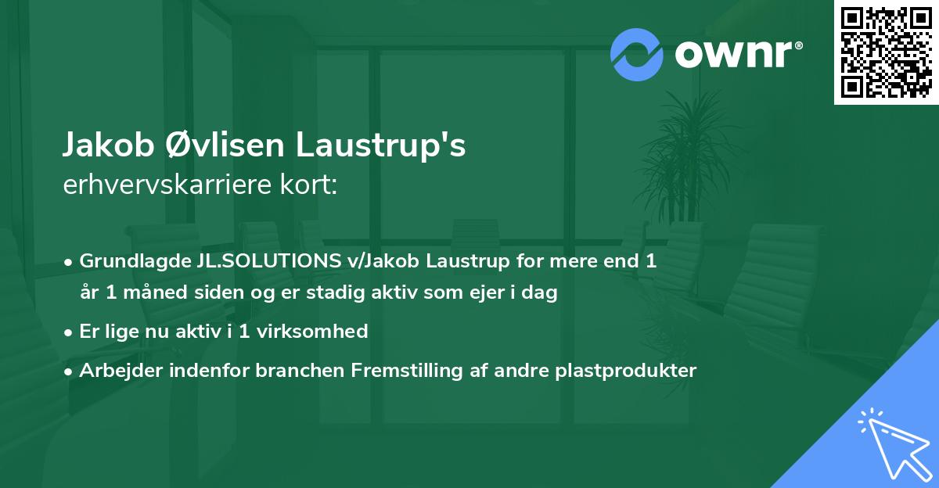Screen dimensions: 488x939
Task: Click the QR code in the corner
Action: (886, 52)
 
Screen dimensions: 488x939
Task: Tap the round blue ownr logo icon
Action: (636, 55)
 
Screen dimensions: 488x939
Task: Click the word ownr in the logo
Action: (733, 55)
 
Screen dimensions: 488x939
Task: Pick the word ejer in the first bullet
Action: (494, 293)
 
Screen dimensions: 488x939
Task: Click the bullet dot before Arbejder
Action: (69, 371)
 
